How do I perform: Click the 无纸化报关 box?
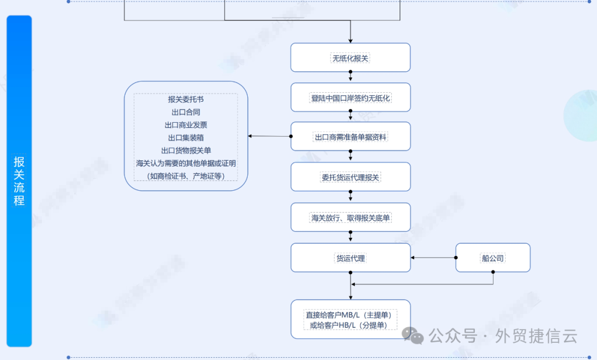click(x=350, y=58)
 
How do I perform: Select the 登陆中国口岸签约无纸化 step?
click(x=350, y=98)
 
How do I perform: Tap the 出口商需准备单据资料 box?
click(x=350, y=137)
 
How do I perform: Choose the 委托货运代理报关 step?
click(x=350, y=177)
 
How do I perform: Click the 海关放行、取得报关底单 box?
click(x=350, y=218)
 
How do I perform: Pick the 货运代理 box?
click(x=350, y=258)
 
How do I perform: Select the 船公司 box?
click(x=493, y=258)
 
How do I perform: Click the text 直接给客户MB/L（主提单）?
click(x=351, y=315)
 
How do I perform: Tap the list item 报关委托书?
click(x=186, y=100)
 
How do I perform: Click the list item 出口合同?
click(x=186, y=112)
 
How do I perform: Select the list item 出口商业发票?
click(x=186, y=125)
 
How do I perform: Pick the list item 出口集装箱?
click(x=186, y=138)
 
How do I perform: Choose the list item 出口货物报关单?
click(x=186, y=150)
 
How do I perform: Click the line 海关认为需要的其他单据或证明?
click(x=186, y=163)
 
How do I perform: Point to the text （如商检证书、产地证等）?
click(x=186, y=176)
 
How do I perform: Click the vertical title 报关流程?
click(x=19, y=181)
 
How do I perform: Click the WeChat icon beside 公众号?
click(x=413, y=335)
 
